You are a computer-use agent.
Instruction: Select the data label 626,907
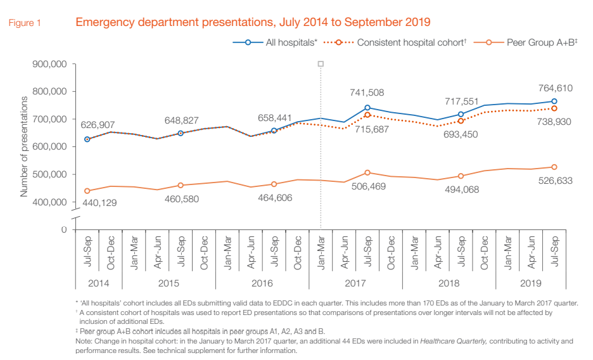coord(97,125)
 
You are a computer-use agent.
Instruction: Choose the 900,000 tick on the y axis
coord(49,64)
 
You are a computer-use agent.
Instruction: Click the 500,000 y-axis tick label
coord(49,174)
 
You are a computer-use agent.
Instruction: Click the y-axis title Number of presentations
coord(24,146)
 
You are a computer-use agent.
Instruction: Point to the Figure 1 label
coord(25,23)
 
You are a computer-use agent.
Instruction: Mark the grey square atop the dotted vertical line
coord(321,63)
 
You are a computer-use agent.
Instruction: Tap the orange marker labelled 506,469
coord(367,172)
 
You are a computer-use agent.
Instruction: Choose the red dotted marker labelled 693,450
coord(461,120)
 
